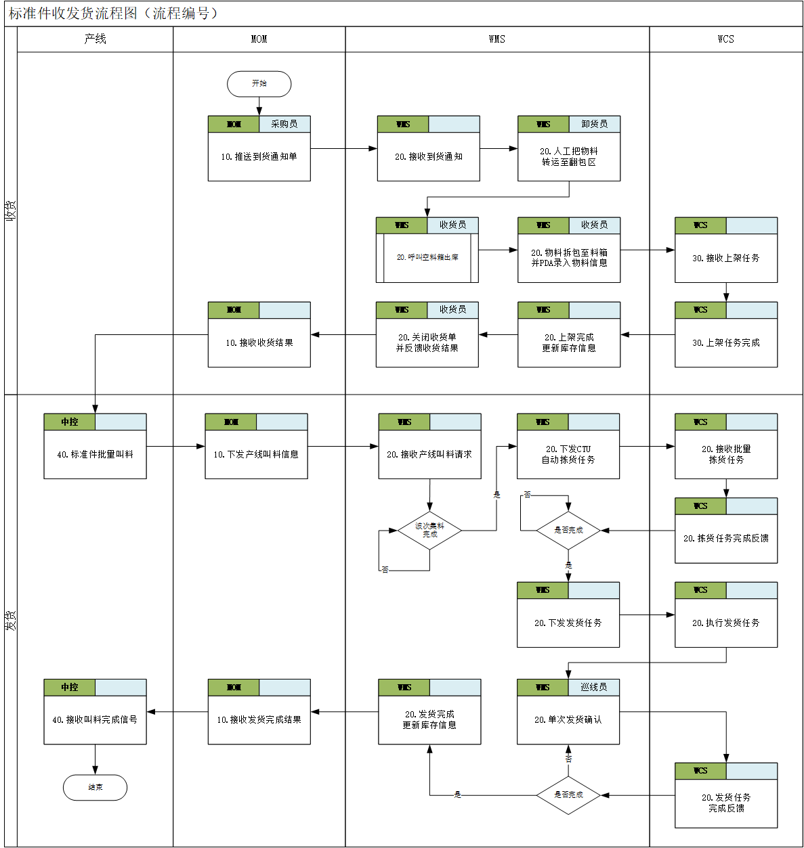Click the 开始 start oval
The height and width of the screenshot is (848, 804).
click(x=259, y=84)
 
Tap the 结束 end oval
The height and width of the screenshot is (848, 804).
click(x=95, y=787)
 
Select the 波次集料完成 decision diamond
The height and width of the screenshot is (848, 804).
click(x=429, y=531)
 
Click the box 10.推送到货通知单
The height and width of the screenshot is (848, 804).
click(x=259, y=156)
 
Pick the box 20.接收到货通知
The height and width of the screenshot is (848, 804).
click(x=428, y=156)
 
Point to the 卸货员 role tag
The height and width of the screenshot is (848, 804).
click(x=594, y=124)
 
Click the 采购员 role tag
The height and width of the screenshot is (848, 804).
click(x=284, y=124)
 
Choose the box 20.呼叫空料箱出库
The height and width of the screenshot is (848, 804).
click(x=427, y=257)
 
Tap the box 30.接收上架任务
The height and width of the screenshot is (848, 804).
click(x=725, y=258)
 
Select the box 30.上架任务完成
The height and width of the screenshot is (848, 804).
click(x=725, y=342)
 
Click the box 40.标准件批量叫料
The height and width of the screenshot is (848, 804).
click(x=95, y=454)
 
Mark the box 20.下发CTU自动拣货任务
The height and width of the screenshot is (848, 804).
click(x=568, y=454)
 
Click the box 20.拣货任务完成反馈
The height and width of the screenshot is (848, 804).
click(x=725, y=538)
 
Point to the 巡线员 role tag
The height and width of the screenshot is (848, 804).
click(x=593, y=687)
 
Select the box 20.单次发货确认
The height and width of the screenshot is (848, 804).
click(x=568, y=719)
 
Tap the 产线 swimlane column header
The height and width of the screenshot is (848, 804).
click(x=95, y=39)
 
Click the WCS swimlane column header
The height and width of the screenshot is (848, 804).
click(x=725, y=39)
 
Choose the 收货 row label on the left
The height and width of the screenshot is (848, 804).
click(x=11, y=210)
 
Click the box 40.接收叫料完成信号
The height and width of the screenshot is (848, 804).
click(x=95, y=719)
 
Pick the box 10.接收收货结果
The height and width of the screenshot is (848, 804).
click(x=259, y=342)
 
